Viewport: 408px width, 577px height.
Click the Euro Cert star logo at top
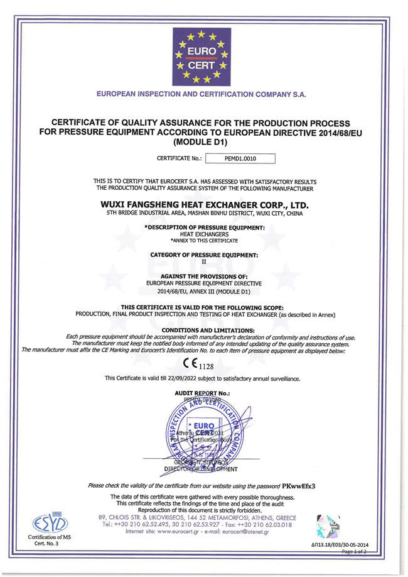[x=201, y=57]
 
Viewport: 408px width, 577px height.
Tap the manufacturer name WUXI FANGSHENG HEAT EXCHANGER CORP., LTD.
[x=205, y=204]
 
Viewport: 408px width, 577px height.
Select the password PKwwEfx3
[x=299, y=486]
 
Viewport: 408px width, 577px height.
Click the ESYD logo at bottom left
[x=37, y=523]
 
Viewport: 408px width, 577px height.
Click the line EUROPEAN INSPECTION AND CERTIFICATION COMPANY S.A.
[x=201, y=94]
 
